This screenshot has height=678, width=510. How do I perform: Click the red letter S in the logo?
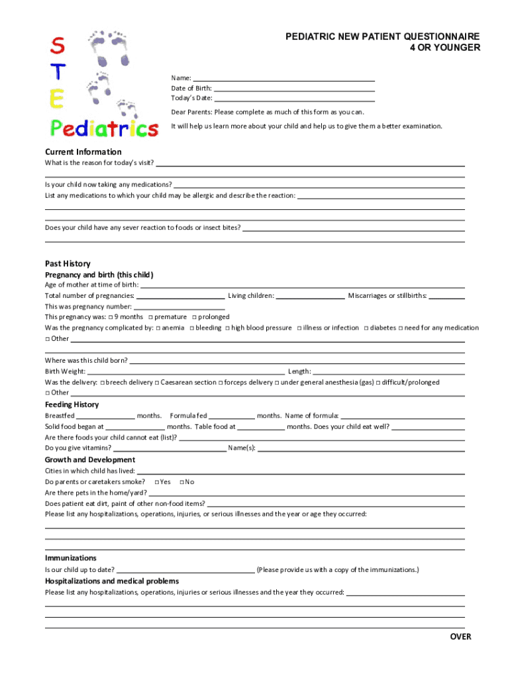click(x=58, y=46)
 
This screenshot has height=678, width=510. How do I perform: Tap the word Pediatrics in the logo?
click(x=105, y=128)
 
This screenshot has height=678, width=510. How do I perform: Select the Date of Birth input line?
click(x=295, y=88)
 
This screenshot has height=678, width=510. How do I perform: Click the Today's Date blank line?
click(x=295, y=99)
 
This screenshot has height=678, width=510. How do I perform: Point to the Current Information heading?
click(x=83, y=152)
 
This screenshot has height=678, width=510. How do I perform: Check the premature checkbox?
click(x=150, y=317)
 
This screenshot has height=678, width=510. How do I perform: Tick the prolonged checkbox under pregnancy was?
click(x=194, y=317)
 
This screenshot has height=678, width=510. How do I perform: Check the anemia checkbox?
click(x=158, y=328)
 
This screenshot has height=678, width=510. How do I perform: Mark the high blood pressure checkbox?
click(x=227, y=328)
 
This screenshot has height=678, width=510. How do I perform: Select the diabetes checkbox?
click(x=366, y=328)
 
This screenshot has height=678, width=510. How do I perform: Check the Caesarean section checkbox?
click(x=157, y=383)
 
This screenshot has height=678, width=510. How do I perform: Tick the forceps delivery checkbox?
click(x=221, y=383)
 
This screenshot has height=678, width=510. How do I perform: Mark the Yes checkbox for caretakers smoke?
click(x=156, y=482)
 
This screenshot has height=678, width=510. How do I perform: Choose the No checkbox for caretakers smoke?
click(x=181, y=482)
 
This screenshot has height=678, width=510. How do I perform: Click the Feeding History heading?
click(x=72, y=405)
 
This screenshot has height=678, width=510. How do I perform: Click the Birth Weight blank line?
click(x=185, y=371)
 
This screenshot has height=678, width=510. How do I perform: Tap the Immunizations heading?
click(x=70, y=558)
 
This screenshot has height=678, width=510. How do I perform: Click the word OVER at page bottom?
click(x=460, y=636)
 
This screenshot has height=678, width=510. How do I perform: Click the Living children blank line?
click(x=310, y=296)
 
